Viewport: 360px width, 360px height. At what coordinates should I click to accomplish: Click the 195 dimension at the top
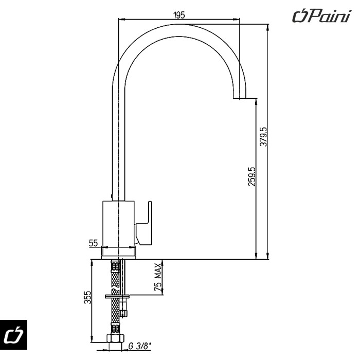[x=179, y=15]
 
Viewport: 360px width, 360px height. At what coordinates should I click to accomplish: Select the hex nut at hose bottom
[x=115, y=339]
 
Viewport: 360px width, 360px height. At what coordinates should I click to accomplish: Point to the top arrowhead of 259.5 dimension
[x=256, y=101]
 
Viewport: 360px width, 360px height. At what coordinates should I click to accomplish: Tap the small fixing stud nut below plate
[x=123, y=311]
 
